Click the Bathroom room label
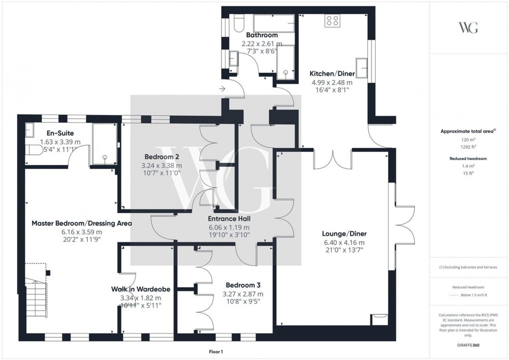click(262, 35)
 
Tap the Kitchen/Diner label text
click(331, 73)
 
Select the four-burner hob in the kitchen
click(332, 21)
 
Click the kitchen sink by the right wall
click(365, 68)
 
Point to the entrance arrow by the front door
click(223, 89)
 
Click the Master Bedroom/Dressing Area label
click(82, 223)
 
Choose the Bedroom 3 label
click(243, 285)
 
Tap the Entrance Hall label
click(229, 219)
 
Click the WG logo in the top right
click(468, 28)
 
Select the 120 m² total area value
click(468, 139)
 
